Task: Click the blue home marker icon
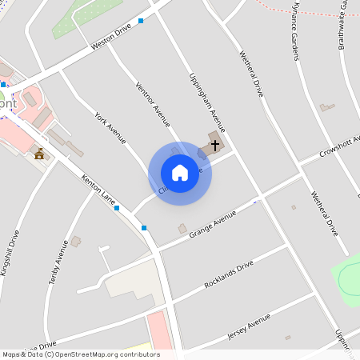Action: (x=180, y=173)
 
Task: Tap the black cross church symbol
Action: (x=214, y=146)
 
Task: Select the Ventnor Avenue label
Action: (x=153, y=105)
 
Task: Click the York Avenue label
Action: (x=110, y=128)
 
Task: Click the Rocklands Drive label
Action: (x=228, y=274)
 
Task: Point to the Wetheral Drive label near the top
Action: (x=251, y=74)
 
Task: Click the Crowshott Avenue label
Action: (x=340, y=145)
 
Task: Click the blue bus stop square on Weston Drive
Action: (x=142, y=21)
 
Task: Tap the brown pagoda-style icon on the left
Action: (x=38, y=153)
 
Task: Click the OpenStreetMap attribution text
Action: (x=80, y=354)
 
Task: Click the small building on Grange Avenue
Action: (x=182, y=230)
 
